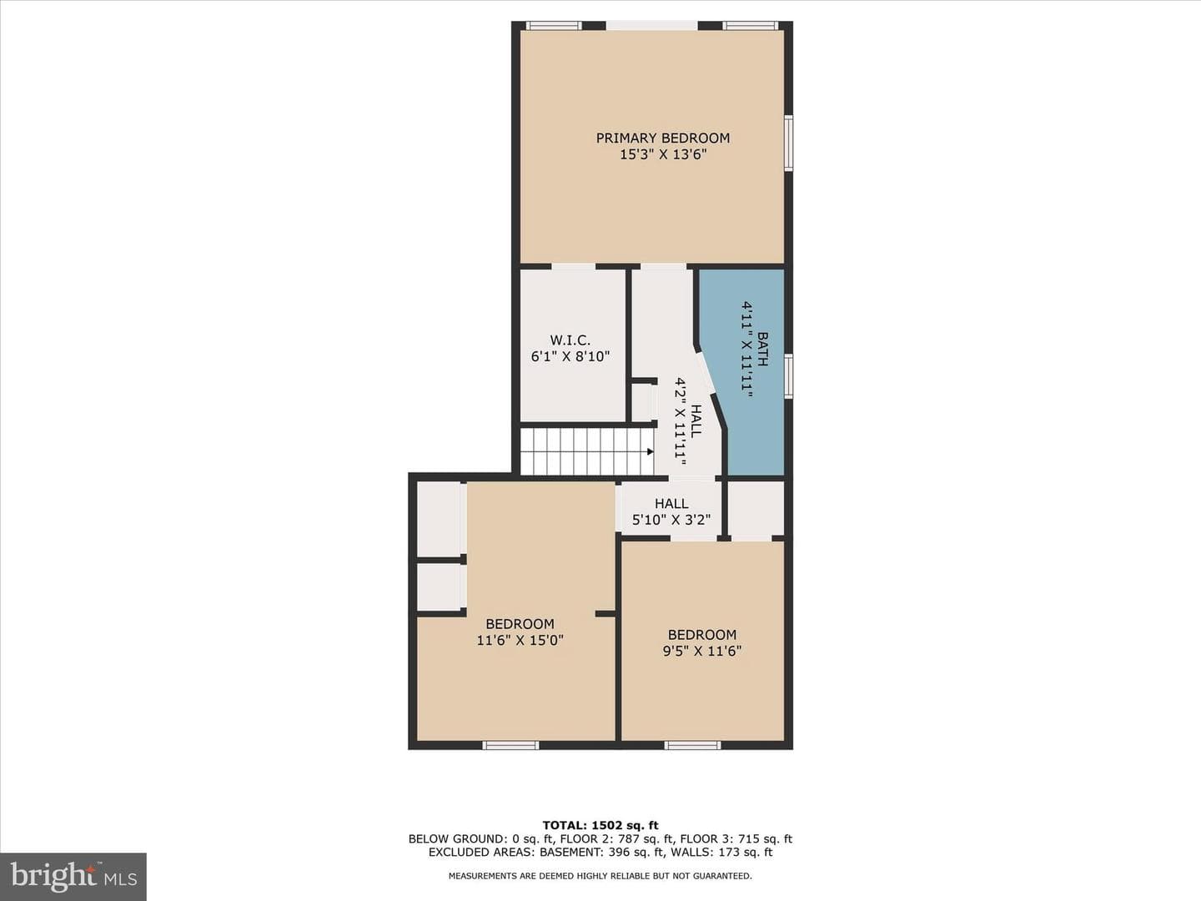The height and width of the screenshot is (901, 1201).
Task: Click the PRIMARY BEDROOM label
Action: coord(662,138)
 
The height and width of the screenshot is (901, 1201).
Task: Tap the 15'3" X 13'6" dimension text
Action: coord(662,155)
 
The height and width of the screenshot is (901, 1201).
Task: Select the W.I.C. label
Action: coord(570,340)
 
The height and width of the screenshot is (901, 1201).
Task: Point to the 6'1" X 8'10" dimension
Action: coord(570,357)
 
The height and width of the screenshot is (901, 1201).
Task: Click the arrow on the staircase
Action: coord(650,452)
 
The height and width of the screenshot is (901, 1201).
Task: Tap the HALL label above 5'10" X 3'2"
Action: coord(671,503)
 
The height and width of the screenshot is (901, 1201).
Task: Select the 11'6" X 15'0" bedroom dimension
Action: coord(520,640)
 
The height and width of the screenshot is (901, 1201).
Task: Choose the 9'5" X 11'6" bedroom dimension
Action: coord(702,651)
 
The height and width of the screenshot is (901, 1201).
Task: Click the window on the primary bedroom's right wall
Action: coord(788,143)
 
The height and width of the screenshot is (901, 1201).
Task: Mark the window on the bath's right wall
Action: coord(788,375)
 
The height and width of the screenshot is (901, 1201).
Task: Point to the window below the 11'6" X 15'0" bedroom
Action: coord(510,745)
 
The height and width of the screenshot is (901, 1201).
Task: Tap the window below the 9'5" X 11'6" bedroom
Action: coord(693,745)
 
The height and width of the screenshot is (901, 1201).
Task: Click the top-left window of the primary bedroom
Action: coord(555,25)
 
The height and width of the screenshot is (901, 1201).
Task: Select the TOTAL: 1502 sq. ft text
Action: coord(600,826)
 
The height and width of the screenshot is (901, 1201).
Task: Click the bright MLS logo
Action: coord(73,877)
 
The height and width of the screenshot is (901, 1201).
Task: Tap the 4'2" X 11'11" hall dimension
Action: coord(680,421)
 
